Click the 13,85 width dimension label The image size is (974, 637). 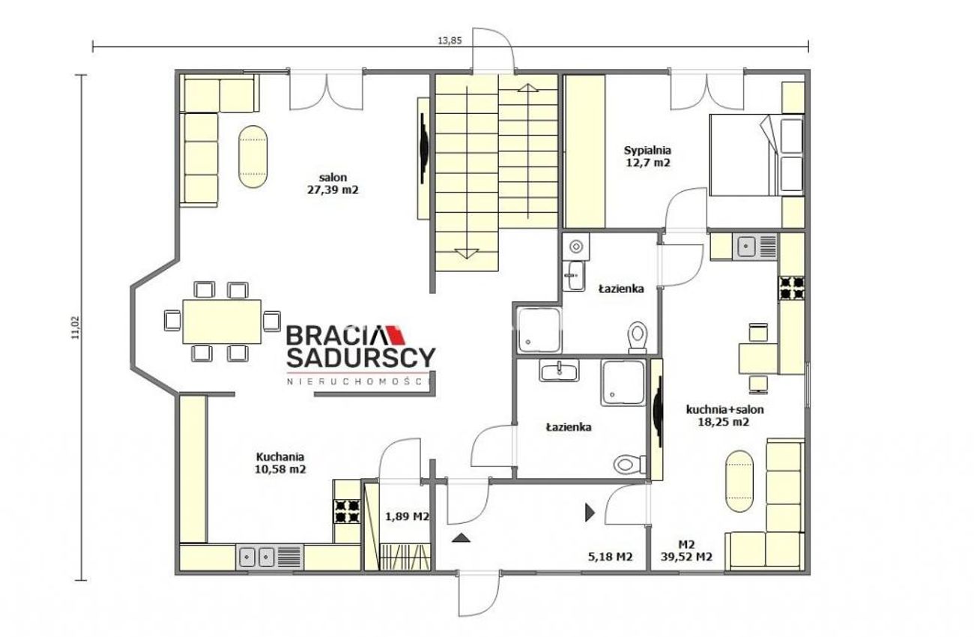click(x=450, y=41)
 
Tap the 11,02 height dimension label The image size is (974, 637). click(x=77, y=327)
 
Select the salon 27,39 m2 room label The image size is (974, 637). click(x=333, y=184)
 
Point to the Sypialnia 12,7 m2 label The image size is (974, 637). click(x=647, y=157)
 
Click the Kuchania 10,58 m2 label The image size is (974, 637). click(x=280, y=462)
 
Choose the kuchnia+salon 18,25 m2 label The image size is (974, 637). click(x=725, y=415)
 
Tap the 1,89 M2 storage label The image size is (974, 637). click(x=407, y=516)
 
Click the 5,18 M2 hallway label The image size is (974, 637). click(x=610, y=557)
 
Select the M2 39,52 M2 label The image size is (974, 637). click(x=686, y=551)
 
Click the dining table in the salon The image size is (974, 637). click(x=222, y=321)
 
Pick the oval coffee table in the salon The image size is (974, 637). click(x=252, y=157)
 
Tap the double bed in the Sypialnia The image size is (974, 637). click(x=756, y=155)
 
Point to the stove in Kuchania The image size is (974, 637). click(x=347, y=511)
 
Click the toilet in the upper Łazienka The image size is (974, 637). click(x=638, y=338)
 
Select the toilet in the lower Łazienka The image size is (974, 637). click(x=630, y=464)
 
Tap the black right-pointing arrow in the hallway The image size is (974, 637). click(x=590, y=512)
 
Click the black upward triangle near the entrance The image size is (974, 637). click(x=461, y=538)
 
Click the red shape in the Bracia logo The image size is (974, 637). click(x=396, y=334)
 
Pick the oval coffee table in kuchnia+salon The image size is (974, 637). click(x=739, y=481)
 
